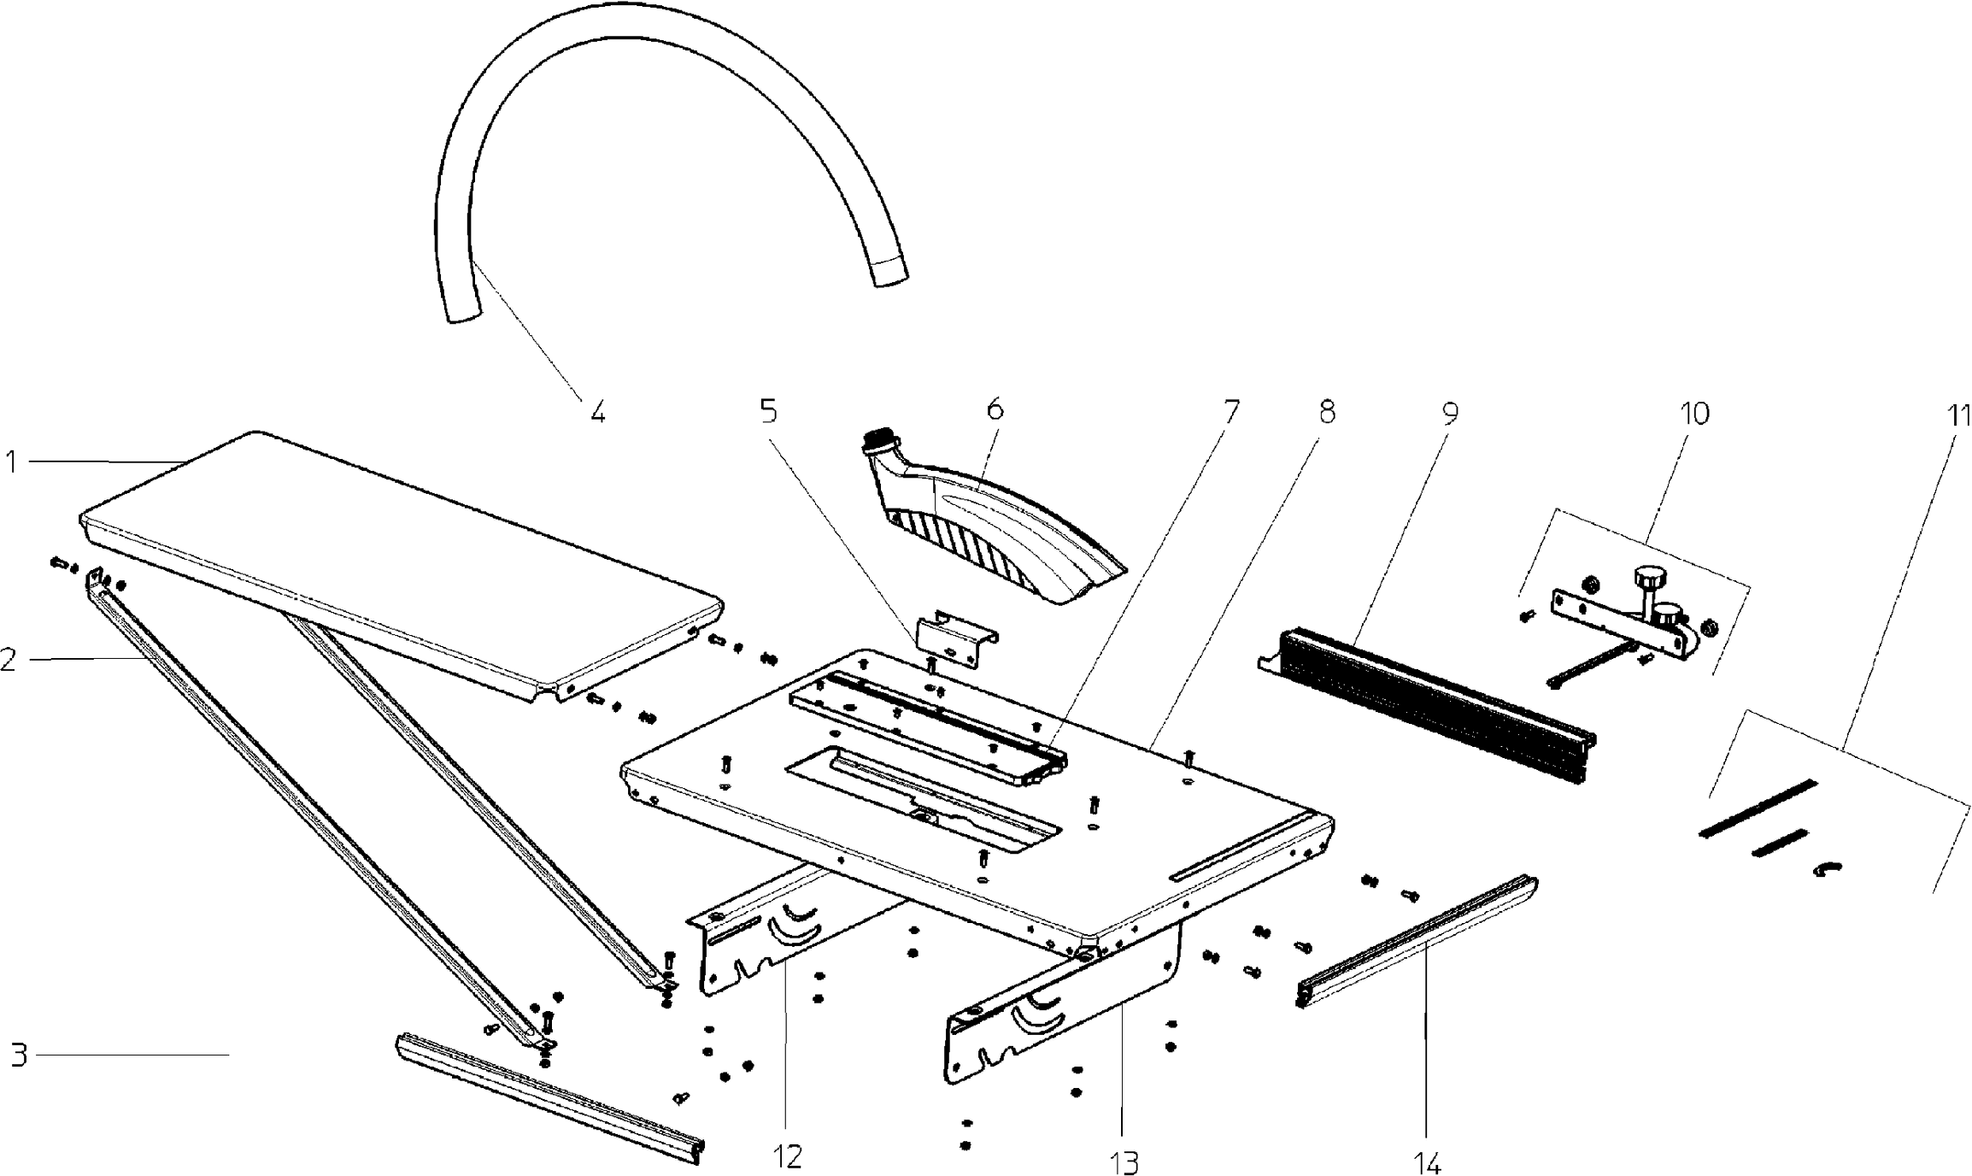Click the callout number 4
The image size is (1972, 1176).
tap(597, 413)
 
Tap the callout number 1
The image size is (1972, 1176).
tap(12, 462)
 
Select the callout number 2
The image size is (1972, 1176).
tap(9, 660)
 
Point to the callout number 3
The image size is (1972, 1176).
tap(20, 1055)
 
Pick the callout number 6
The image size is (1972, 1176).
tap(995, 409)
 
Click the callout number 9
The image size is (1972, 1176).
tap(1450, 413)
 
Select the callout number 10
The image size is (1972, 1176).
tap(1695, 414)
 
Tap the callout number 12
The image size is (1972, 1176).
tap(788, 1156)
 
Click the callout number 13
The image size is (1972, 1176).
tap(1125, 1162)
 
